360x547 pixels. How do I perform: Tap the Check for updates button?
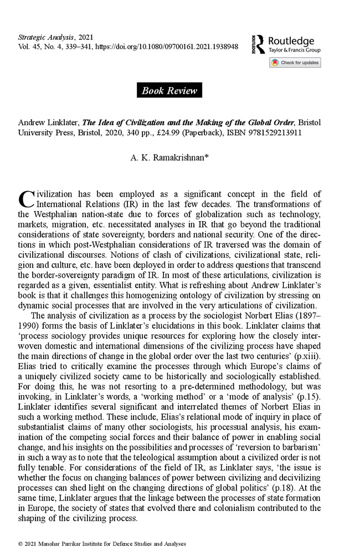[295, 63]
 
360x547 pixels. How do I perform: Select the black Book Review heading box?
[169, 90]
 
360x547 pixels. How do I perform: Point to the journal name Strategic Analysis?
[42, 37]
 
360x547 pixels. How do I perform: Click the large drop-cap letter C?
[25, 198]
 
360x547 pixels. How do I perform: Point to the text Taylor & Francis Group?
[294, 50]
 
